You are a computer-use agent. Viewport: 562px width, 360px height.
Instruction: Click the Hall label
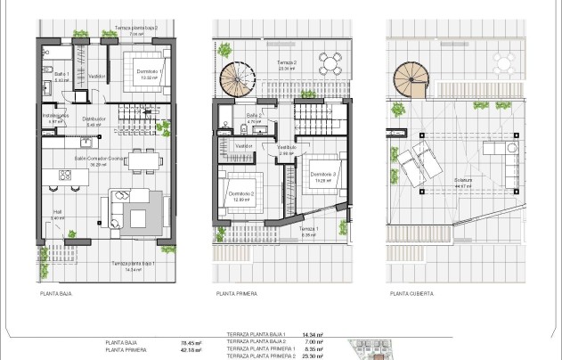pyautogui.click(x=57, y=213)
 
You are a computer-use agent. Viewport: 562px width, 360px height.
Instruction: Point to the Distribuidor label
pyautogui.click(x=95, y=120)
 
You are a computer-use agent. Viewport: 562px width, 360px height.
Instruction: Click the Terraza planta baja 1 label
pyautogui.click(x=134, y=265)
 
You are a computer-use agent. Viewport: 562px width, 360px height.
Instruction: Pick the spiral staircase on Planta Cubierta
pyautogui.click(x=412, y=81)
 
